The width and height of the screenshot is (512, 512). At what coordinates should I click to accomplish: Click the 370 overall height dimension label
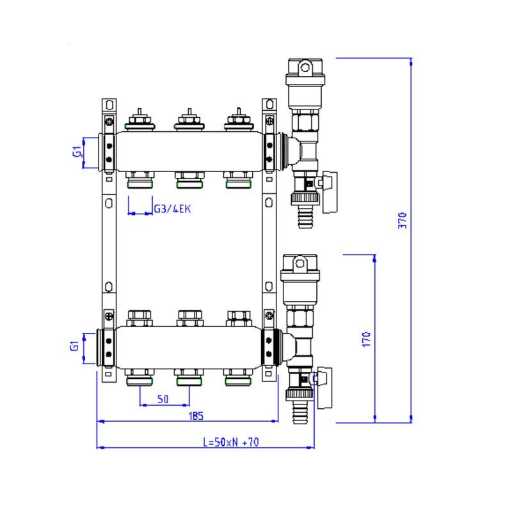(x=403, y=220)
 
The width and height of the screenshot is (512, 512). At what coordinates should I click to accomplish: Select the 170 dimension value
(x=367, y=339)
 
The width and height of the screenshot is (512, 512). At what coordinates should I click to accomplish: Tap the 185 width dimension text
(x=196, y=415)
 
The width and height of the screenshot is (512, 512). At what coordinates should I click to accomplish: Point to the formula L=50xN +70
(x=231, y=442)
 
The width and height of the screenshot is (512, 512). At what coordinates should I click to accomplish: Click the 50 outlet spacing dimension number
(x=163, y=399)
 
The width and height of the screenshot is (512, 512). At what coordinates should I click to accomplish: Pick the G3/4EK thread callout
(x=172, y=209)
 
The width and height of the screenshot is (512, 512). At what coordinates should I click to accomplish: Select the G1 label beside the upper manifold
(x=77, y=152)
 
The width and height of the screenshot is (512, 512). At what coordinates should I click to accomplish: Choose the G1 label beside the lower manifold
(x=74, y=346)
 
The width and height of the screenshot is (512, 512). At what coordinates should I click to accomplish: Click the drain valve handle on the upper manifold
(x=329, y=193)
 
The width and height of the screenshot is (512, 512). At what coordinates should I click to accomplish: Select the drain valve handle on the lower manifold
(x=324, y=388)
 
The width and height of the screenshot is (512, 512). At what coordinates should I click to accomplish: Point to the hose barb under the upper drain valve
(x=306, y=217)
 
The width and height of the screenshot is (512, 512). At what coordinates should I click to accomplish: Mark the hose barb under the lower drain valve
(x=300, y=412)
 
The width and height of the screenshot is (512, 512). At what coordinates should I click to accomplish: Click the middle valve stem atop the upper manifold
(x=189, y=120)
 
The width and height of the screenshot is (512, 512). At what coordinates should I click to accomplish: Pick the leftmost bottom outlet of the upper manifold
(x=140, y=180)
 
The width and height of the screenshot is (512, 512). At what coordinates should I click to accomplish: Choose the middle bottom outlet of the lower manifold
(x=189, y=377)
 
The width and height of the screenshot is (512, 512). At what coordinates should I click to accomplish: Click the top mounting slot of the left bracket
(x=109, y=105)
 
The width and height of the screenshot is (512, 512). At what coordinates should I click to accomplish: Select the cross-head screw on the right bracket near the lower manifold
(x=269, y=316)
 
